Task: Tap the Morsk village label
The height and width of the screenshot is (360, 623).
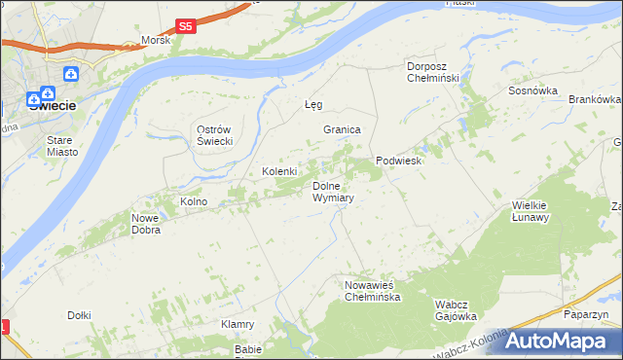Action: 155,40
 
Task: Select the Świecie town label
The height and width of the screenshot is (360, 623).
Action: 53,106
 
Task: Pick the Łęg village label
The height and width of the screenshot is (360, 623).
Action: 312,104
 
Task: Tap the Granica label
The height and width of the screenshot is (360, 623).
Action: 343,129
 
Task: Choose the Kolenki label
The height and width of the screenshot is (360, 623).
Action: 278,171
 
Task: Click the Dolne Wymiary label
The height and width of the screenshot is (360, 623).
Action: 332,191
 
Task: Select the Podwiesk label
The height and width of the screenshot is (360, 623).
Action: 398,162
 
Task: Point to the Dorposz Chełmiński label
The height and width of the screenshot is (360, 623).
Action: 438,72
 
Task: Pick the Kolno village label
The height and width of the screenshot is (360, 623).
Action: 194,201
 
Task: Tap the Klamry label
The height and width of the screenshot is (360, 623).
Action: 238,324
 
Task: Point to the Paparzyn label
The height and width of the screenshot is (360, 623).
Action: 586,315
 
